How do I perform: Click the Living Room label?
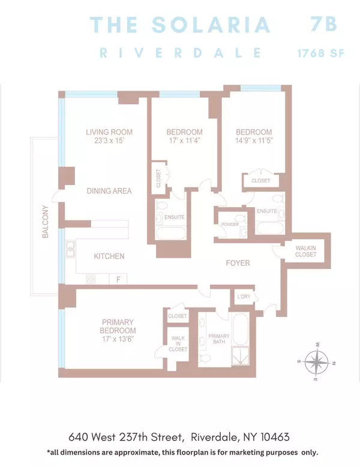(x=109, y=132)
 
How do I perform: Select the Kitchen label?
(x=109, y=256)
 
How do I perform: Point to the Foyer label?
(x=238, y=263)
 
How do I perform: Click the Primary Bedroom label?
(x=118, y=326)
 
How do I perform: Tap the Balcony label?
(x=45, y=223)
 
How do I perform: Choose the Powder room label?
(x=230, y=225)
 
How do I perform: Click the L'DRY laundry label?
(x=244, y=297)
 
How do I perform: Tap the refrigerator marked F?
(x=118, y=279)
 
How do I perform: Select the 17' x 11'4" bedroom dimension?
(x=185, y=142)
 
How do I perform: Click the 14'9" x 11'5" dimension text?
(x=253, y=142)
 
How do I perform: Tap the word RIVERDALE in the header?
(x=181, y=52)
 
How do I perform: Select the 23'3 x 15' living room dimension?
(x=109, y=142)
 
